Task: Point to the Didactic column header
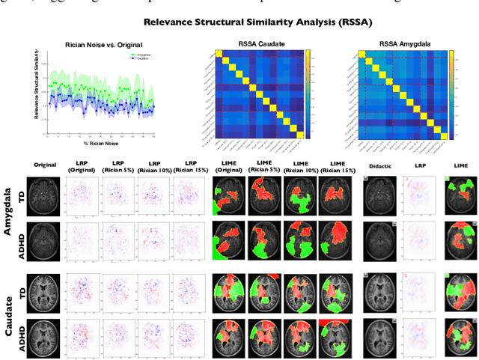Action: point(382,163)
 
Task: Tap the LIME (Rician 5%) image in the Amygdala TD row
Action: point(265,195)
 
